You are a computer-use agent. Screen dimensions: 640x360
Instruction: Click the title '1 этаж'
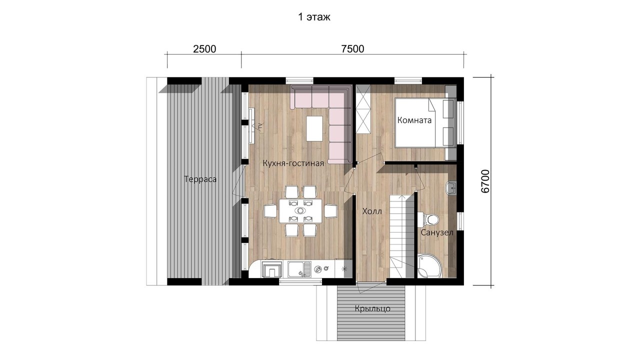pos(314,17)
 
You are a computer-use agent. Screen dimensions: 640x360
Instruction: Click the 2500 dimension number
pos(204,49)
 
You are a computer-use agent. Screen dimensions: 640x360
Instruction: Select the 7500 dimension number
pos(352,49)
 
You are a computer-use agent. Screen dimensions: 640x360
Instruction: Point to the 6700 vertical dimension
pos(485,181)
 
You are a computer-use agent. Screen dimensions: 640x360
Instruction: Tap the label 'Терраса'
pos(200,179)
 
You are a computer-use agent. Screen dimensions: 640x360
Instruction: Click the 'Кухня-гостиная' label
pos(293,163)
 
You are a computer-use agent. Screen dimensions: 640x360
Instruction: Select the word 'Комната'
pos(414,120)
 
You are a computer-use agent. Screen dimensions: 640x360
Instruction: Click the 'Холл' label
pos(372,211)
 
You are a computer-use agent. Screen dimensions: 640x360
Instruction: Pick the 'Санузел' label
pos(437,233)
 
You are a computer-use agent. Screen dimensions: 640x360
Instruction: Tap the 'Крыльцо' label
pos(372,308)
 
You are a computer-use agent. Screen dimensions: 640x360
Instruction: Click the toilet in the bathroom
pos(428,219)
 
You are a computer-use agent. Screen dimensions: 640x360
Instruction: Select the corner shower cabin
pos(429,265)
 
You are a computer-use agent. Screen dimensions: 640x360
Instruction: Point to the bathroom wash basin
pos(451,187)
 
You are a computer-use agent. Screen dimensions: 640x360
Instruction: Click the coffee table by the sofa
pos(314,128)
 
